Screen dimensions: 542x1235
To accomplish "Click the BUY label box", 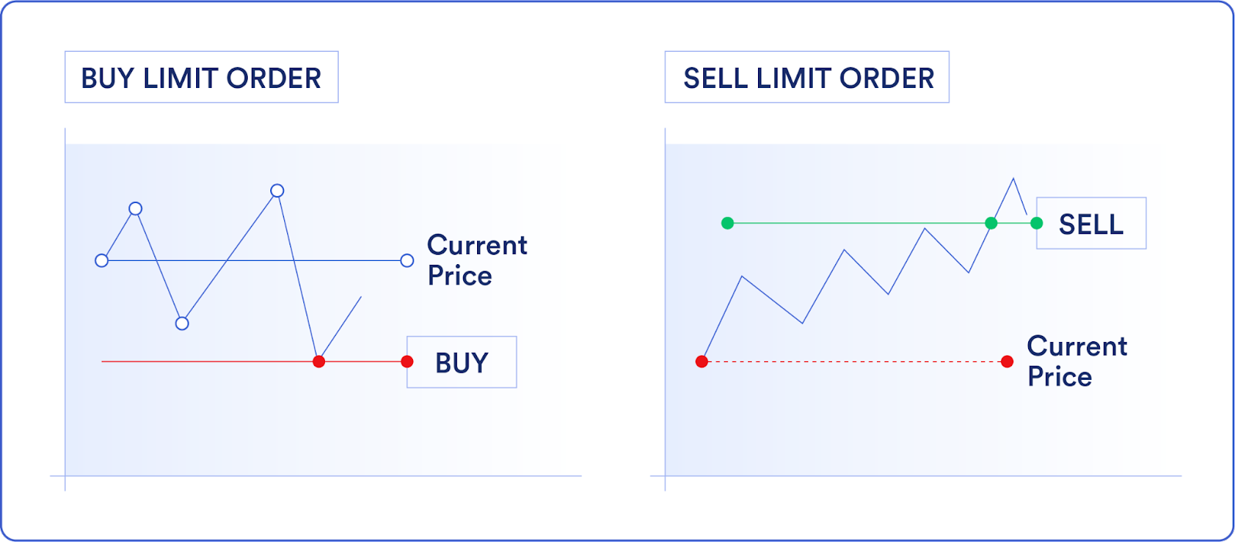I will [x=462, y=362].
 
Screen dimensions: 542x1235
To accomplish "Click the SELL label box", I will [x=1091, y=224].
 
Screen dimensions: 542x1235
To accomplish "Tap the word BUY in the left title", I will [x=107, y=78].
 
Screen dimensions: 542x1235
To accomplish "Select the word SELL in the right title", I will [x=716, y=78].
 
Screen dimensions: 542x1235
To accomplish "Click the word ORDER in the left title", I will [x=274, y=78].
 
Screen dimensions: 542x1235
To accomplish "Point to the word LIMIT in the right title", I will [x=795, y=78].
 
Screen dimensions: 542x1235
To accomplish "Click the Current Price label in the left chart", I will [x=477, y=260].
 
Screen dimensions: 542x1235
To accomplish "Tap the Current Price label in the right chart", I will [x=1077, y=361].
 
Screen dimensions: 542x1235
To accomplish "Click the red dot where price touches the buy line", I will [x=319, y=361].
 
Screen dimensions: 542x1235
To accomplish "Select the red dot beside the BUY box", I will [x=407, y=361].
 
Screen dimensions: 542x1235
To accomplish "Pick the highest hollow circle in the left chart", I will [x=277, y=191].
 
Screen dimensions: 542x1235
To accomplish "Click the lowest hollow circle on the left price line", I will [x=182, y=324].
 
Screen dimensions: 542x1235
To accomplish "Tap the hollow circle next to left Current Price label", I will [x=407, y=261].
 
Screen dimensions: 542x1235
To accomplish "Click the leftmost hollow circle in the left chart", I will [x=101, y=261].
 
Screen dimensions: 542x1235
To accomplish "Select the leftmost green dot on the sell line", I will [x=727, y=223].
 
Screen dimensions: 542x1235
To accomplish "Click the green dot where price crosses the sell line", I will [x=991, y=223].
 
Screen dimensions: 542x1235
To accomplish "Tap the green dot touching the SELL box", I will [x=1037, y=223].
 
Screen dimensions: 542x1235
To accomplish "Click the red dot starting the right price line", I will [x=702, y=361].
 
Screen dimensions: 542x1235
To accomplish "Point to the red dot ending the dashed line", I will [x=1007, y=361].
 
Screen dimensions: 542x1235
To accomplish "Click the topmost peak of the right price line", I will [x=1013, y=179].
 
